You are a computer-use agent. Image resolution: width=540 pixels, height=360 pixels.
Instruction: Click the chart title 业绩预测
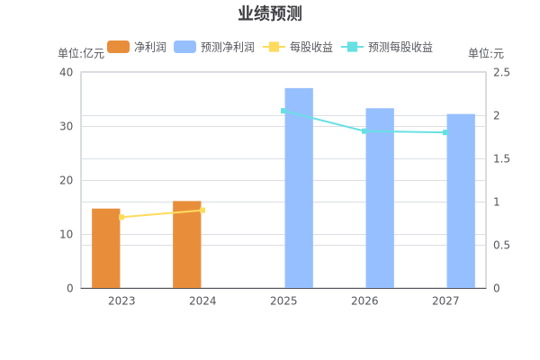tap(269, 13)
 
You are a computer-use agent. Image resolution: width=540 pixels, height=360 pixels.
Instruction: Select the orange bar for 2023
tap(106, 248)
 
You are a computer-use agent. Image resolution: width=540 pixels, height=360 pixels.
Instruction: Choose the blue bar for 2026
tap(379, 198)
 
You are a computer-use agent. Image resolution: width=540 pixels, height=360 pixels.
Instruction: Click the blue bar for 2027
tap(460, 201)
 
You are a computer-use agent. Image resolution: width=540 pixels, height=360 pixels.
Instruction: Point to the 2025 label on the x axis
tap(283, 301)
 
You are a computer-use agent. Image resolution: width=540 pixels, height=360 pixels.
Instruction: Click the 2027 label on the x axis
tap(445, 301)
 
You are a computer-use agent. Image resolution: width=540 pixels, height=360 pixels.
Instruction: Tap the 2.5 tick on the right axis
tap(501, 72)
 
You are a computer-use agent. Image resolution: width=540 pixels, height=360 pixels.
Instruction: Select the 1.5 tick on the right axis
tap(501, 158)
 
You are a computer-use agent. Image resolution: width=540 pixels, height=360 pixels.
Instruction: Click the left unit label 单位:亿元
tap(80, 53)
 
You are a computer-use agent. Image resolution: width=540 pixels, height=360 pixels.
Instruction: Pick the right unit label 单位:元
tap(486, 53)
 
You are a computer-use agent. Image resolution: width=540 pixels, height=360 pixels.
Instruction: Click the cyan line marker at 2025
tap(283, 112)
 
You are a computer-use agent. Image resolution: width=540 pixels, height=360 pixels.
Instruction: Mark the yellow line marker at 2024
tap(202, 210)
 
